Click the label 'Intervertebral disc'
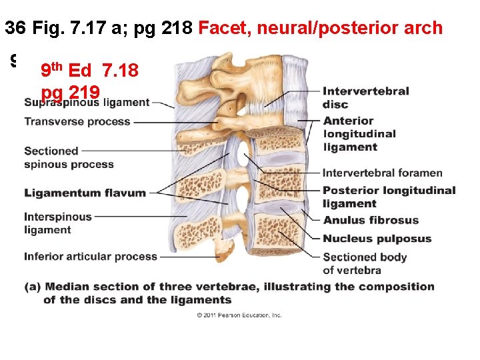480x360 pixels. [365, 97]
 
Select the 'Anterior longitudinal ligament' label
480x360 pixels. [359, 133]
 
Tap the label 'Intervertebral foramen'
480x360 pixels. [382, 173]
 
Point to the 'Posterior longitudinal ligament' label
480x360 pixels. [389, 197]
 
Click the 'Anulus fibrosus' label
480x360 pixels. [371, 220]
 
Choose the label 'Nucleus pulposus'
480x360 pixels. [377, 238]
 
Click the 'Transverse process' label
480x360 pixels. [77, 121]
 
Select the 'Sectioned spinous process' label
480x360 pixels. [69, 157]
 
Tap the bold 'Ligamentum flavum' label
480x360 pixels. [85, 193]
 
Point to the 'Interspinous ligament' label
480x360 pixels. [57, 223]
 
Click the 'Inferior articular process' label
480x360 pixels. [91, 256]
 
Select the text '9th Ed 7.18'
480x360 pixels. [89, 69]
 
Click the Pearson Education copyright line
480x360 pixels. [239, 315]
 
